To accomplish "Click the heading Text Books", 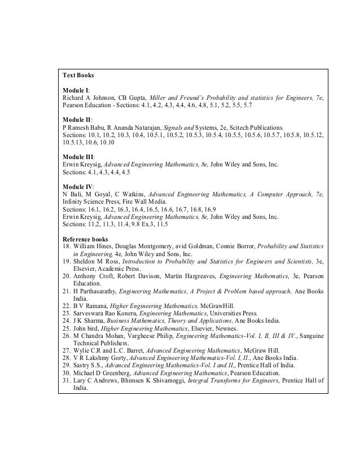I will [78, 74].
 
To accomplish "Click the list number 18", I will [67, 247].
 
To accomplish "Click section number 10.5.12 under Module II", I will [313, 135].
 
